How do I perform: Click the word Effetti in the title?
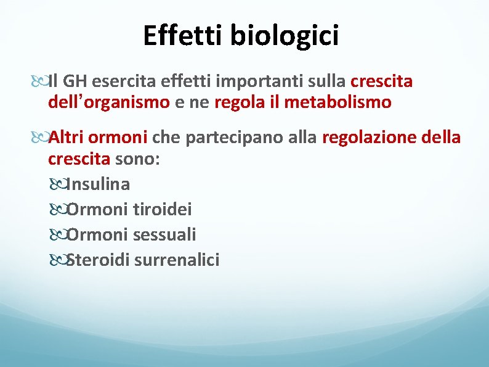183,36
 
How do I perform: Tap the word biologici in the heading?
285,36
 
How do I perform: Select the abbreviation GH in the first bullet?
75,81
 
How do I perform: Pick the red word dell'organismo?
108,102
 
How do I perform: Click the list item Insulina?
99,184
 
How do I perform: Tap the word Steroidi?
97,260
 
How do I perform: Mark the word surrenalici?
177,260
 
